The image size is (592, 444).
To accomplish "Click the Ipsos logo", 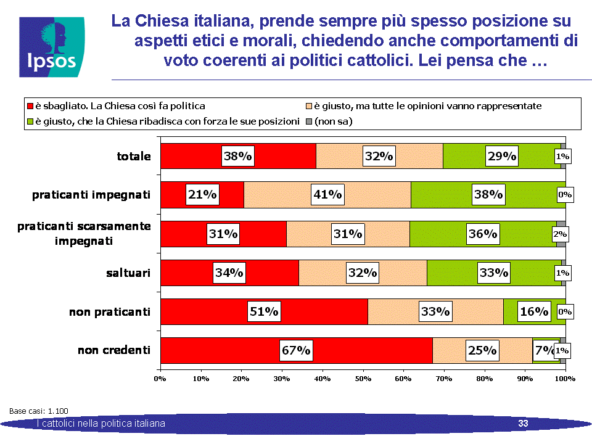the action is (x=52, y=47).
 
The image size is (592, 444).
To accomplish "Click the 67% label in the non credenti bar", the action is (x=296, y=350).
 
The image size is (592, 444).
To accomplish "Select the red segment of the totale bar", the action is (x=238, y=156).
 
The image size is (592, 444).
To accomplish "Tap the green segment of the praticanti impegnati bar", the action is (x=488, y=195).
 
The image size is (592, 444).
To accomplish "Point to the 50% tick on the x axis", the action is (x=363, y=379).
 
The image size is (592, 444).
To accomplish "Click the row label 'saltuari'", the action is (x=128, y=273).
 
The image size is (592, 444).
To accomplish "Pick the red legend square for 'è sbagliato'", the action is (x=30, y=106).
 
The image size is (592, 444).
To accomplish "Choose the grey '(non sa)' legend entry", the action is (x=329, y=121).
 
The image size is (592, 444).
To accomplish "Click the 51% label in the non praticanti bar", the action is (x=264, y=311).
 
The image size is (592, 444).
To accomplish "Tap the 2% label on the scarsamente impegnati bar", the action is (x=560, y=234).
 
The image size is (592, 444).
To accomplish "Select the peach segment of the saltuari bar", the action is (x=363, y=273).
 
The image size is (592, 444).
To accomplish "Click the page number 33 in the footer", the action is (x=523, y=424).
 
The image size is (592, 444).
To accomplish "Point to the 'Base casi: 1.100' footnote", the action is (x=38, y=411).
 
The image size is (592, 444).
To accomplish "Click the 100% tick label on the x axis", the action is (x=565, y=379).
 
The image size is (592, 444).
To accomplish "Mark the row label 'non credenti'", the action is (x=114, y=350).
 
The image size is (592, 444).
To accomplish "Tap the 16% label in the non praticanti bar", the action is (x=534, y=311).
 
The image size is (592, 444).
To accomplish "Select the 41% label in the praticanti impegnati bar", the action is (x=327, y=194).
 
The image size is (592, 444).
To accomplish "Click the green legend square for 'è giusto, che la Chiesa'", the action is (x=30, y=121).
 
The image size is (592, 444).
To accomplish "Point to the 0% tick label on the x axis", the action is (x=160, y=379).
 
